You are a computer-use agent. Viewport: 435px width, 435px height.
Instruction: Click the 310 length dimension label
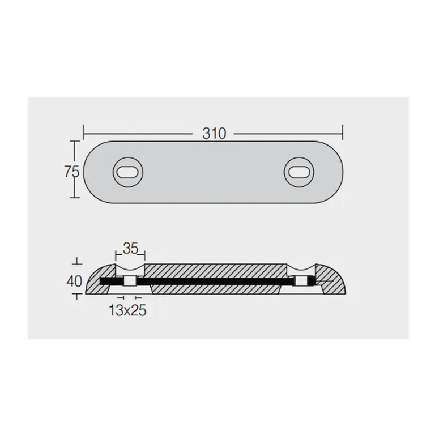(x=214, y=134)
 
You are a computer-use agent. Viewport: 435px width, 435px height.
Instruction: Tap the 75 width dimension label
(x=72, y=172)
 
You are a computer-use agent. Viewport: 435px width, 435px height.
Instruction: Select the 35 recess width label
(x=130, y=248)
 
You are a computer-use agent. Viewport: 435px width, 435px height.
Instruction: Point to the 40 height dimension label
(x=74, y=282)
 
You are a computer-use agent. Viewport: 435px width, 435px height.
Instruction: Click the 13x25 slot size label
(x=127, y=310)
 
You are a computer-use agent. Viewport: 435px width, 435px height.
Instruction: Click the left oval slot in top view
(x=128, y=172)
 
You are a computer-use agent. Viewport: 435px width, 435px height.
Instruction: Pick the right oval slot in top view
(x=299, y=172)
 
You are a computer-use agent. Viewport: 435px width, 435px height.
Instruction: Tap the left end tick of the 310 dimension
(x=84, y=133)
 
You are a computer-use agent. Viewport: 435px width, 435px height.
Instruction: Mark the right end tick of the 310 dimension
(x=343, y=133)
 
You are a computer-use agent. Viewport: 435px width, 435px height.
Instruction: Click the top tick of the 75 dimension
(x=74, y=141)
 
